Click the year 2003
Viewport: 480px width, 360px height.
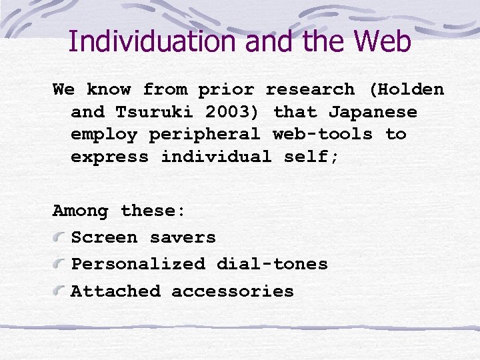233,112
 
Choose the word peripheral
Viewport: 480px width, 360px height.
205,135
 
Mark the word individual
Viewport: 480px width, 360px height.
216,157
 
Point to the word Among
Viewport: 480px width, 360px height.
80,211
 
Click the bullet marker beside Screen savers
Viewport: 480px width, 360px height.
60,238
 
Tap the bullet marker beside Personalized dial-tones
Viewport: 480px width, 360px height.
60,265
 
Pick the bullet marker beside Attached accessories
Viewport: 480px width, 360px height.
60,292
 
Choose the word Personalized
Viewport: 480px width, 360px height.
138,265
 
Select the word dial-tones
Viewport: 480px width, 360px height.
272,265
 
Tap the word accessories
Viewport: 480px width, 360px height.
233,292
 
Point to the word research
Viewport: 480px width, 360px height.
311,89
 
